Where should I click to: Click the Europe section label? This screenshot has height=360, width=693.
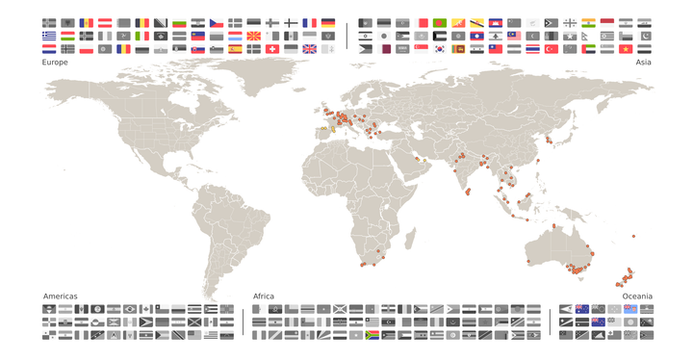pos(55,62)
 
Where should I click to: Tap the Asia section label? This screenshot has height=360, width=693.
pos(643,62)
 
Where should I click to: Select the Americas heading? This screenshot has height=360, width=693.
pos(60,296)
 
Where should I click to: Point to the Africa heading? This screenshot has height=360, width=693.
pos(264,296)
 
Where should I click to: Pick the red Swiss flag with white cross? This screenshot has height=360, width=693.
pos(271,49)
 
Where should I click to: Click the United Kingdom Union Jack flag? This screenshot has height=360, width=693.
pos(309,49)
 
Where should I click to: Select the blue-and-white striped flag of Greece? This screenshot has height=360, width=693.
pos(49,36)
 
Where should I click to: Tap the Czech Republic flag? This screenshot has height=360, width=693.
pos(217,22)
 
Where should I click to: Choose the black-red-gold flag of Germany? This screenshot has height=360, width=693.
pos(327,22)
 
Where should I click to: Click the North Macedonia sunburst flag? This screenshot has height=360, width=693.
pos(253,36)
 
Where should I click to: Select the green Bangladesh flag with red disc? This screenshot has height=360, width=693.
pos(440,22)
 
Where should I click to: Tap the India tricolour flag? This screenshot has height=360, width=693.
pos(588,22)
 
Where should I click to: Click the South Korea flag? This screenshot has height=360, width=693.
pos(440,49)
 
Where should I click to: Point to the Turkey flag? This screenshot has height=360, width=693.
pos(551,49)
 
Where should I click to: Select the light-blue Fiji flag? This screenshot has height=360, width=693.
pos(628,309)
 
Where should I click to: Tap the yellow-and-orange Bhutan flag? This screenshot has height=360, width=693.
pos(458,22)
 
